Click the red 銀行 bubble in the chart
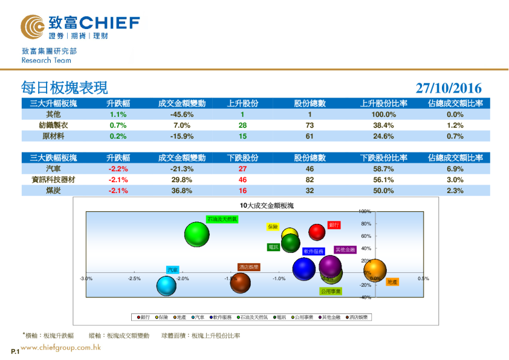[317, 232]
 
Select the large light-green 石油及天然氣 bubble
[196, 234]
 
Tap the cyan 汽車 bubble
[166, 286]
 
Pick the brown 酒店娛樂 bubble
[241, 282]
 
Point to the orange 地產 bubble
[374, 270]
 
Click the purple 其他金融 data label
[345, 249]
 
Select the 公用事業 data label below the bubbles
[331, 291]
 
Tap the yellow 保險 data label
[273, 227]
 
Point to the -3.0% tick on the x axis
[86, 279]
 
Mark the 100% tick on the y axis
[365, 211]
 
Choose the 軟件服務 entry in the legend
[221, 316]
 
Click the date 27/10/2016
[449, 88]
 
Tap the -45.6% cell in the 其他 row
[181, 114]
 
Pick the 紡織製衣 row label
[53, 125]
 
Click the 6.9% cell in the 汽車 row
[455, 169]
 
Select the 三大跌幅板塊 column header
[53, 158]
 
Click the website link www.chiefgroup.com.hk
[60, 347]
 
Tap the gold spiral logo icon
[31, 26]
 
